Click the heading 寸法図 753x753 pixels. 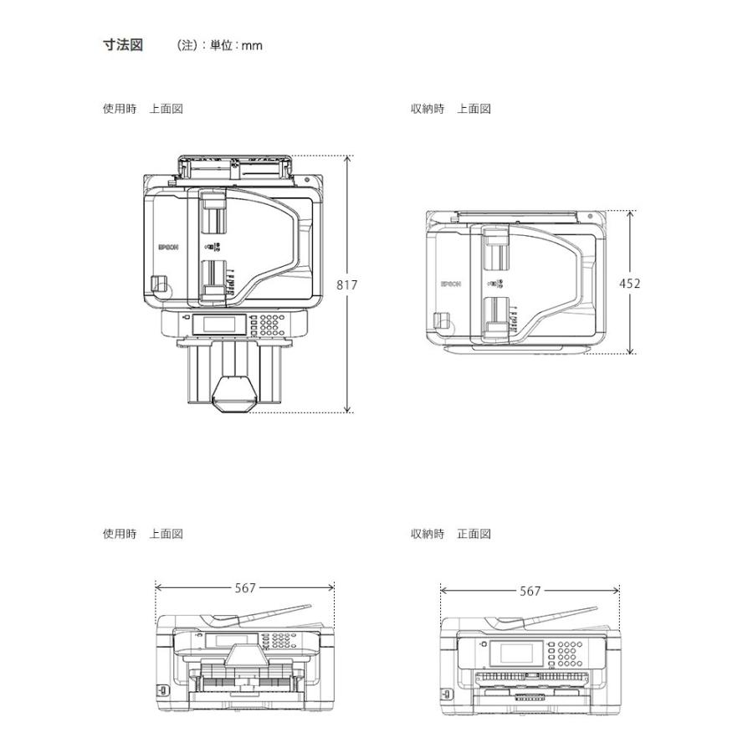(x=122, y=45)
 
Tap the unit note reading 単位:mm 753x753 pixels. (x=231, y=46)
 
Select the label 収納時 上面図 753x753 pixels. (x=450, y=109)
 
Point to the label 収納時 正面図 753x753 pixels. (x=450, y=534)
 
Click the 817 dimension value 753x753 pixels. (x=347, y=284)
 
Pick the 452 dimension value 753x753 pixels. (x=629, y=284)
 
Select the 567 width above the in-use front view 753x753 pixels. (x=245, y=588)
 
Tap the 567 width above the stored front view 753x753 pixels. (x=530, y=591)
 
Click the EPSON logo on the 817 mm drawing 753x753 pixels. (x=168, y=247)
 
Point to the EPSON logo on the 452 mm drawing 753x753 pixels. (x=451, y=284)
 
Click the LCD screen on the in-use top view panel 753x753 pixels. (x=218, y=324)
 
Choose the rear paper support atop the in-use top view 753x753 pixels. (x=235, y=165)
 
